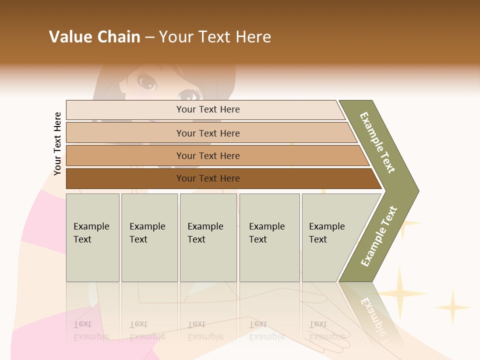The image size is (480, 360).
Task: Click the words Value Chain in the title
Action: pos(94,37)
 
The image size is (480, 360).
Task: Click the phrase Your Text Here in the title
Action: pos(215,37)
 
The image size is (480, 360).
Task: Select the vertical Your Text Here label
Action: pos(57,143)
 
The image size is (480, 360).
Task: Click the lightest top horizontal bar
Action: pos(207,110)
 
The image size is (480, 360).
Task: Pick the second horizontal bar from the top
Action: pos(207,133)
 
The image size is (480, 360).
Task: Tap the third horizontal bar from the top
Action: pos(207,155)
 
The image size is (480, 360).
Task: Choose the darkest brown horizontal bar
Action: pos(207,178)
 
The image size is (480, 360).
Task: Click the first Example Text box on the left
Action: pos(92,237)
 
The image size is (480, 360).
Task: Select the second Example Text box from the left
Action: pos(149,237)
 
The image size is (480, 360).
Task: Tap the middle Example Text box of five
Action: pos(208,237)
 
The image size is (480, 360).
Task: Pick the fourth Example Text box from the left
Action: pos(269,237)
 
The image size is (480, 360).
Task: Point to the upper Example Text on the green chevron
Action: pos(378,143)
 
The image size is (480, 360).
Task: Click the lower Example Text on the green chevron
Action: pos(379,236)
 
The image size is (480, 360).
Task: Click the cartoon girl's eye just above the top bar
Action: pos(187,94)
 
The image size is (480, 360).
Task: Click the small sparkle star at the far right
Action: pos(452,306)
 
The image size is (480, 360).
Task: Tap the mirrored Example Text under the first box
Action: pos(91,330)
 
